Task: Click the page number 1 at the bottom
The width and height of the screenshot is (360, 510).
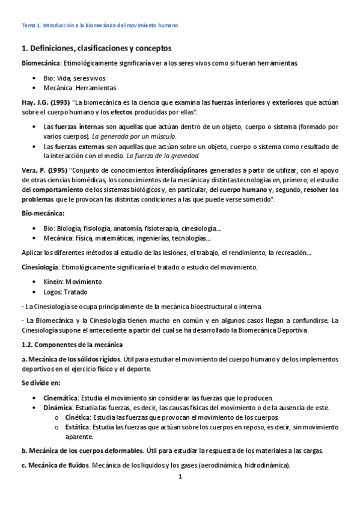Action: pyautogui.click(x=180, y=477)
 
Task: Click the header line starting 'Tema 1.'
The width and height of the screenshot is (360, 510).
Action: pyautogui.click(x=100, y=26)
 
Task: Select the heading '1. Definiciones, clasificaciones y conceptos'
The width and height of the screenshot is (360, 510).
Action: pyautogui.click(x=96, y=48)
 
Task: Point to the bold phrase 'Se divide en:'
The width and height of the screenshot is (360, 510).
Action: pyautogui.click(x=42, y=383)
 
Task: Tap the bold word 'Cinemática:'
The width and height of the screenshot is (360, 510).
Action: pyautogui.click(x=61, y=398)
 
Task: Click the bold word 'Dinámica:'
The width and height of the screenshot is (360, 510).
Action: pyautogui.click(x=58, y=408)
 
